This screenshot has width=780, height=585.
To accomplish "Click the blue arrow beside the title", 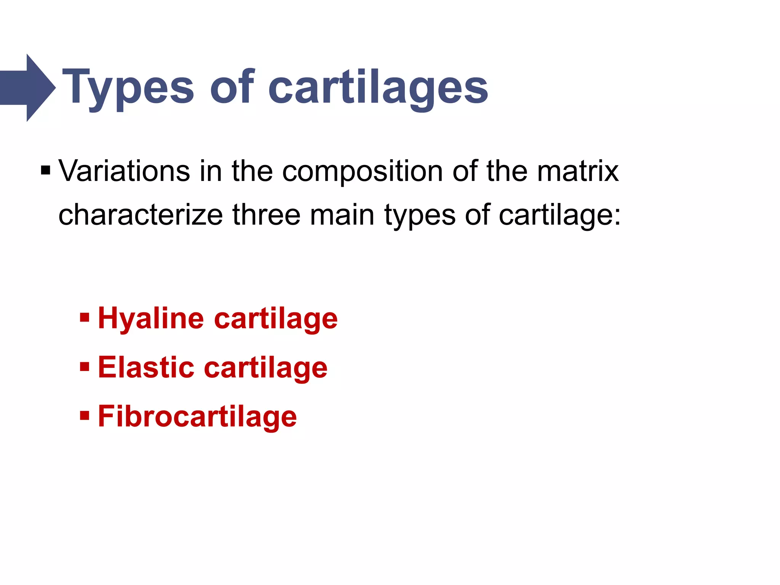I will point(27,88).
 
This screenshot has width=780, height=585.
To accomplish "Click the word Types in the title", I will point(128,88).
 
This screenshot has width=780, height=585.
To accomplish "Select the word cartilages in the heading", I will point(378,88).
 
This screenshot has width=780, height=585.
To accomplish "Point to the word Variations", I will point(124,171).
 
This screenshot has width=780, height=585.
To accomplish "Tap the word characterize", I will point(141,215).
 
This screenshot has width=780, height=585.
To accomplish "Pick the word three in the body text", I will point(267,215).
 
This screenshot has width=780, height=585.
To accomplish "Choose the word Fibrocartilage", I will point(197,417).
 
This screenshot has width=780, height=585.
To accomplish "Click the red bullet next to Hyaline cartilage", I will point(85,317).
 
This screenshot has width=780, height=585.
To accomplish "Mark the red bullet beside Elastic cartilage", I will point(85,367).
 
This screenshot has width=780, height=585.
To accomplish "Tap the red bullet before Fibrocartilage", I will point(85,415).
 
